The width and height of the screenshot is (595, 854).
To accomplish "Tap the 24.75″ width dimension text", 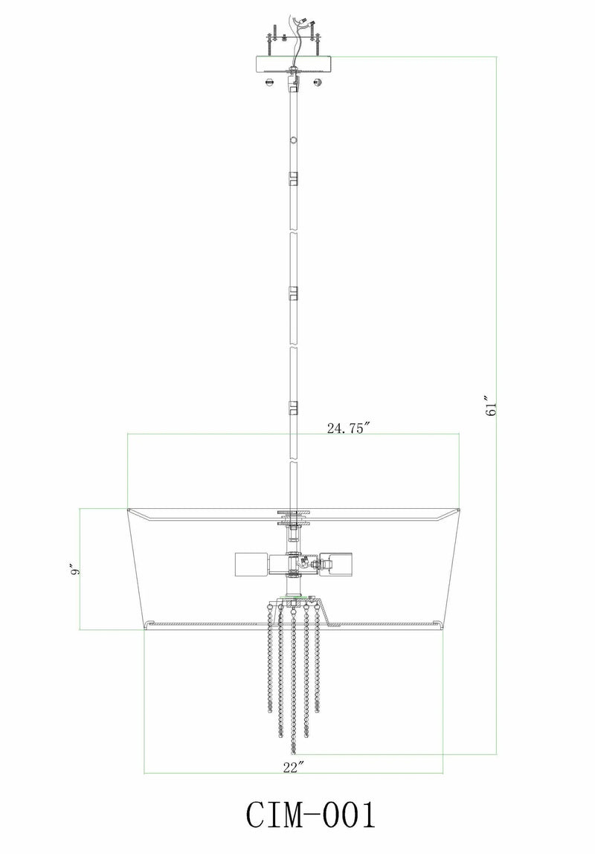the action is click(x=348, y=428).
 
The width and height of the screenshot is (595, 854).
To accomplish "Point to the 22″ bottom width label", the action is click(x=294, y=768).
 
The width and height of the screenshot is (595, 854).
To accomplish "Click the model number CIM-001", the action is click(x=311, y=815).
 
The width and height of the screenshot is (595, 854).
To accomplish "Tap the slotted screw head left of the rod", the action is click(x=269, y=83).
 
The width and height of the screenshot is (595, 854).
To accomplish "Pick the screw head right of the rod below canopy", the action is click(x=318, y=83).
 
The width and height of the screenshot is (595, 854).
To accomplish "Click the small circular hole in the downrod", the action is click(x=294, y=140).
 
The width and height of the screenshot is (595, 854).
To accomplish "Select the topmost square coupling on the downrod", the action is click(x=294, y=178).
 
